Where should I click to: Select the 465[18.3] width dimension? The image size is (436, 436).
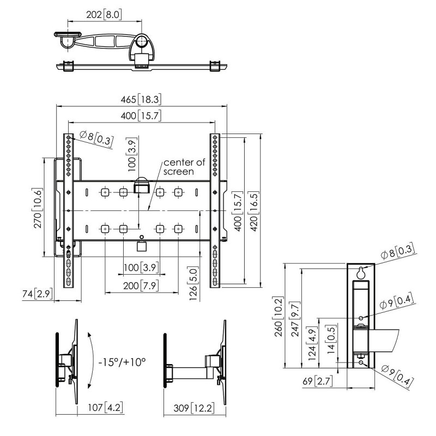click(x=142, y=100)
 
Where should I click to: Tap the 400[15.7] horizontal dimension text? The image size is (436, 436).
click(x=142, y=115)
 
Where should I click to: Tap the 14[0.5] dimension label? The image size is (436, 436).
click(x=331, y=338)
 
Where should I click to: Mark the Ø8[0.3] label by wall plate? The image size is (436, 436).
click(x=397, y=252)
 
